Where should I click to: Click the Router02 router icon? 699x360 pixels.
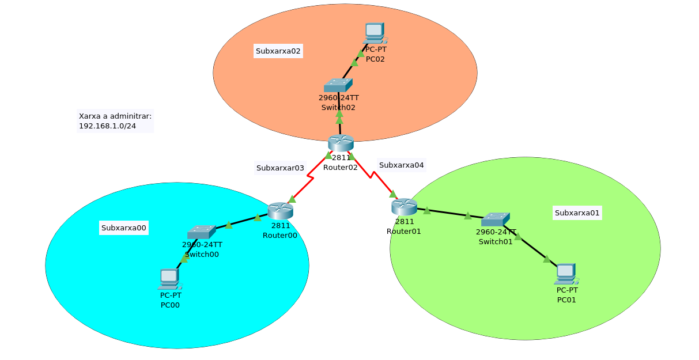click(x=341, y=143)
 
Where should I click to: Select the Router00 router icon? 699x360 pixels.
click(x=280, y=211)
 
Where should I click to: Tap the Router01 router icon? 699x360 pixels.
click(x=404, y=207)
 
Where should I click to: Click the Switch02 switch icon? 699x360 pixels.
click(x=338, y=85)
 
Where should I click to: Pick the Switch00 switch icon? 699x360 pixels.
click(x=202, y=232)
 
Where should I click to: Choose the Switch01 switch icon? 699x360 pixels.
click(x=496, y=219)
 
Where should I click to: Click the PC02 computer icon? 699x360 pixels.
click(x=375, y=33)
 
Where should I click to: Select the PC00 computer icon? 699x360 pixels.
click(x=170, y=279)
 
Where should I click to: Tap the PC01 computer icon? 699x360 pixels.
click(x=566, y=274)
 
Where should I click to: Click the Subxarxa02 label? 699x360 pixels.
click(x=278, y=51)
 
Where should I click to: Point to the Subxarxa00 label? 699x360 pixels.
click(x=123, y=228)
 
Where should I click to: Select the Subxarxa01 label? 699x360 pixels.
click(x=577, y=213)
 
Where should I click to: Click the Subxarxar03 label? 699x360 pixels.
click(x=280, y=168)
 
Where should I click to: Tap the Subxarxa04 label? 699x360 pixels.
click(x=401, y=165)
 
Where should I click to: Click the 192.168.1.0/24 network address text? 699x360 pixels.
click(x=107, y=126)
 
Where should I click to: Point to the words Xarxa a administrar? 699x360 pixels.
click(x=115, y=116)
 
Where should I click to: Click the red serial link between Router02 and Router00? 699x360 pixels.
click(x=310, y=177)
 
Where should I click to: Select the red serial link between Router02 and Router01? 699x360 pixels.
click(x=372, y=175)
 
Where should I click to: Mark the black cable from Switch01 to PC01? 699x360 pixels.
click(x=530, y=245)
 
